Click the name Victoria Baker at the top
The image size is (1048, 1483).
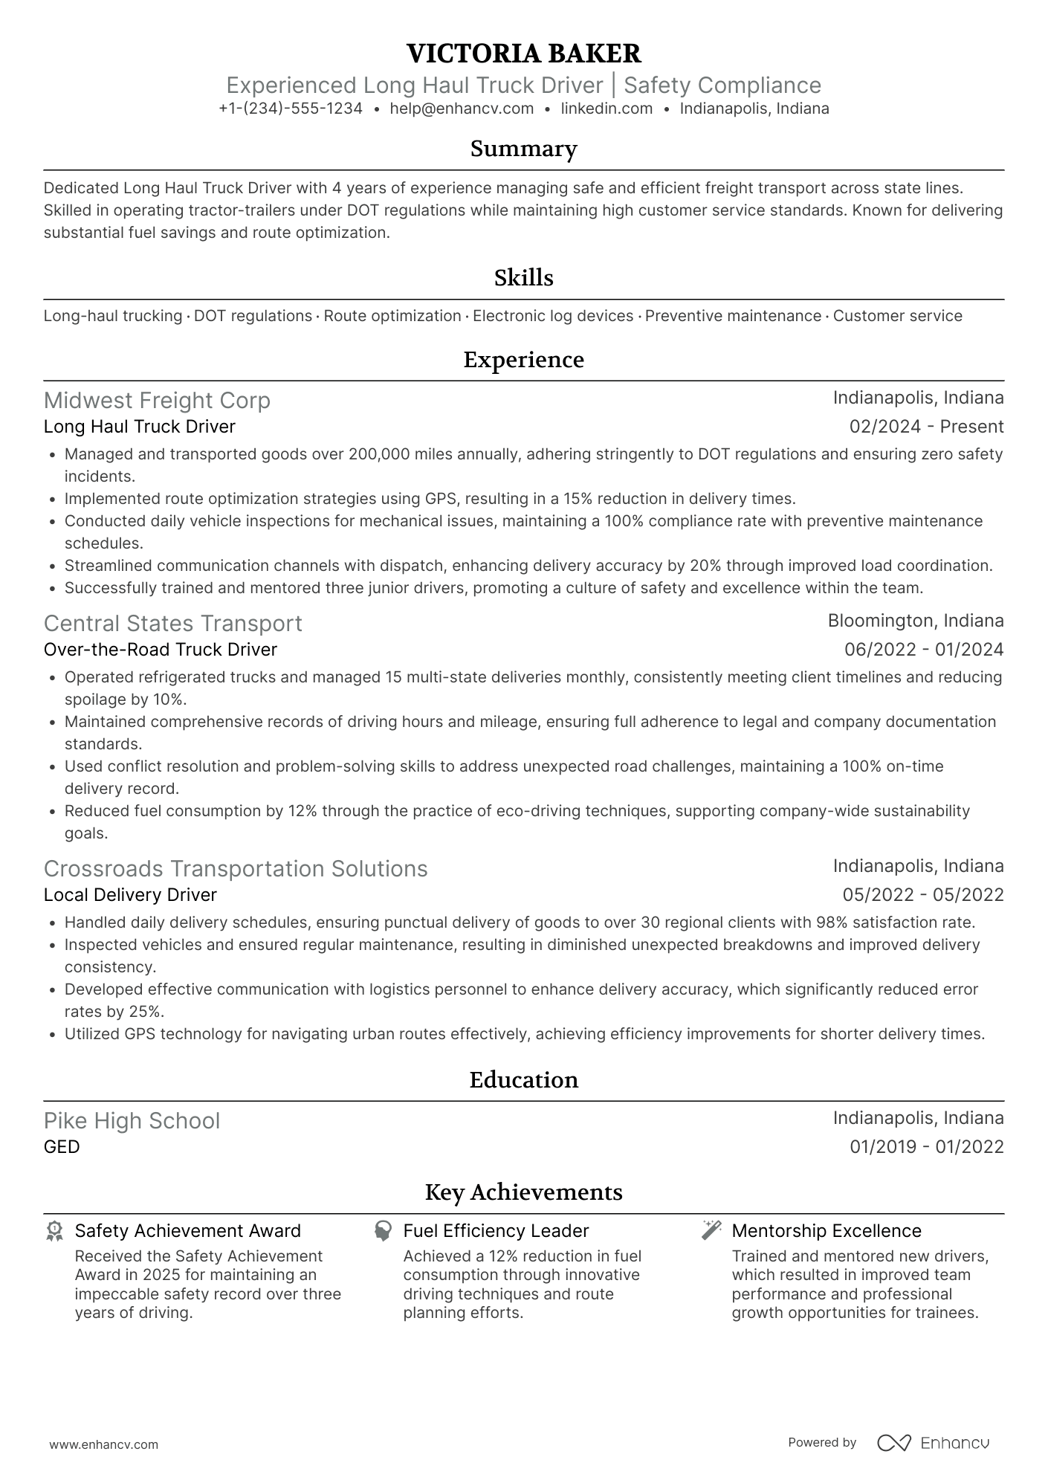point(524,54)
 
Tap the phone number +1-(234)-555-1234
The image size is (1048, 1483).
point(291,109)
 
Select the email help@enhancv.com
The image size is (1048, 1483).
point(462,109)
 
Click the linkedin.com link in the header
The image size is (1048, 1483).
point(607,109)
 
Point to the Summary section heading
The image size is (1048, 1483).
point(524,149)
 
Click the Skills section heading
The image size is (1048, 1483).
point(524,278)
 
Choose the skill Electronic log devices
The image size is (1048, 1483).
point(553,316)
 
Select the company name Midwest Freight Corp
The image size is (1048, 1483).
point(157,401)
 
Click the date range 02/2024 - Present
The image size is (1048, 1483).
point(926,427)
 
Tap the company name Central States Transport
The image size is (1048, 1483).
point(172,624)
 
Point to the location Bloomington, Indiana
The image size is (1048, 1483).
point(916,621)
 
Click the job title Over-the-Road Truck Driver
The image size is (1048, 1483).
point(161,650)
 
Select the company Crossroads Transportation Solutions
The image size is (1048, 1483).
point(236,869)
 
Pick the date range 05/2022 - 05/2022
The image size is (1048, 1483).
point(923,895)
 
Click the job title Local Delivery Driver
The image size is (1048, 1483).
point(130,895)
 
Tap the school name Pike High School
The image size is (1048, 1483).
point(132,1121)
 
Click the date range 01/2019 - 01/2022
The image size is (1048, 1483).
point(926,1147)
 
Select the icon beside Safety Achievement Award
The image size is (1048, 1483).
point(54,1231)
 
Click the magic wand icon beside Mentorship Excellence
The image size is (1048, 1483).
point(711,1230)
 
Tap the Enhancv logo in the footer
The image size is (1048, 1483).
point(933,1443)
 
